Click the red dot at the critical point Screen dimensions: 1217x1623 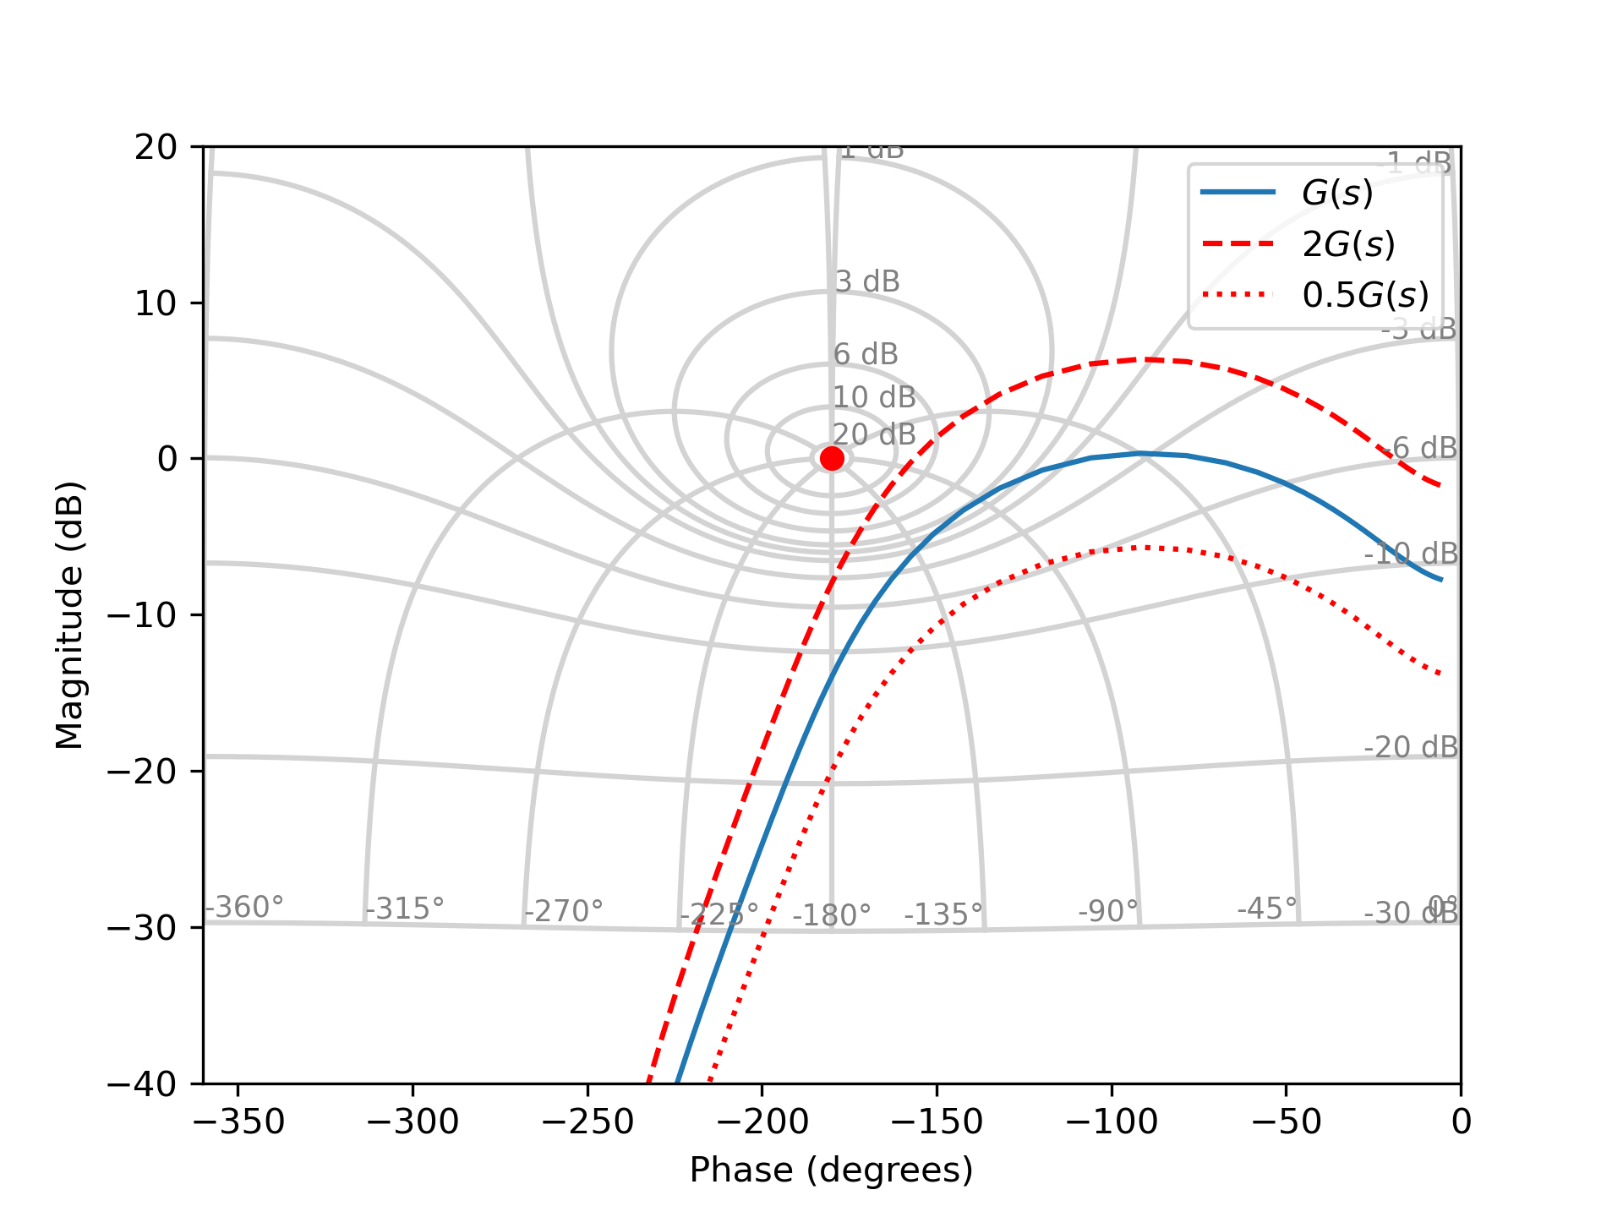pos(832,458)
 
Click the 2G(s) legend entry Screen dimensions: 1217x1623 pos(1348,244)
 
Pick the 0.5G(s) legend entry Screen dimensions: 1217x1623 pos(1365,295)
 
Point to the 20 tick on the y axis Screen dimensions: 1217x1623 pos(156,147)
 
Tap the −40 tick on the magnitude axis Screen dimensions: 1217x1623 pos(143,1084)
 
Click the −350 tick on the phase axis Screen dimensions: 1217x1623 pos(238,1121)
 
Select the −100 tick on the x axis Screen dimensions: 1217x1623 pos(1111,1121)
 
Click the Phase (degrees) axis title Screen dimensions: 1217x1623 pos(831,1171)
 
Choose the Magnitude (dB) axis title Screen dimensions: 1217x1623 pos(69,615)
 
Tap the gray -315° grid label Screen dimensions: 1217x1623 pos(404,909)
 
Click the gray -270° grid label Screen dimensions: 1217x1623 pos(563,911)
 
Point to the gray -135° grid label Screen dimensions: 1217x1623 pos(943,914)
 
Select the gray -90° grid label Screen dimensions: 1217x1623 pos(1108,911)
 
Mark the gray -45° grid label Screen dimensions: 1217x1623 pos(1266,909)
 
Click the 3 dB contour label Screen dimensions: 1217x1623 pos(867,281)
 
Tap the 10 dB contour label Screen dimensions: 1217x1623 pos(874,396)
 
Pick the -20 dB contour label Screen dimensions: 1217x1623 pos(1410,747)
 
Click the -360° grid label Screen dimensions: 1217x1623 pos(244,907)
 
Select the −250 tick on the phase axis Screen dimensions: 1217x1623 pos(587,1121)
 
